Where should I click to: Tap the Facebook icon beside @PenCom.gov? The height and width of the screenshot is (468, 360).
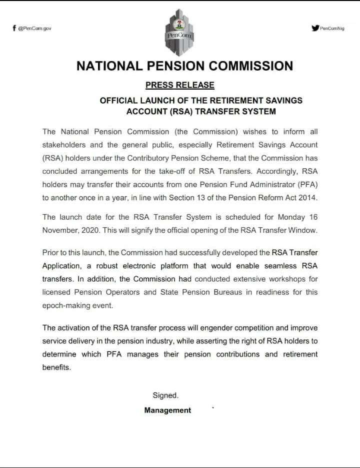[x=14, y=28]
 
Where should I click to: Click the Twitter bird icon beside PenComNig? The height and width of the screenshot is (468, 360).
[x=315, y=28]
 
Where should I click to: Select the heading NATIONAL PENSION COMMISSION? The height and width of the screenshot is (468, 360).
[x=184, y=66]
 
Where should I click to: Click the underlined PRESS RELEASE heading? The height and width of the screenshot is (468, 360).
[x=179, y=85]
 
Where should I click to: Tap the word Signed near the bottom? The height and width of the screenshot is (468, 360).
[x=165, y=395]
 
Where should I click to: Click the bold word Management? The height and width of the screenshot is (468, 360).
[x=167, y=410]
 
